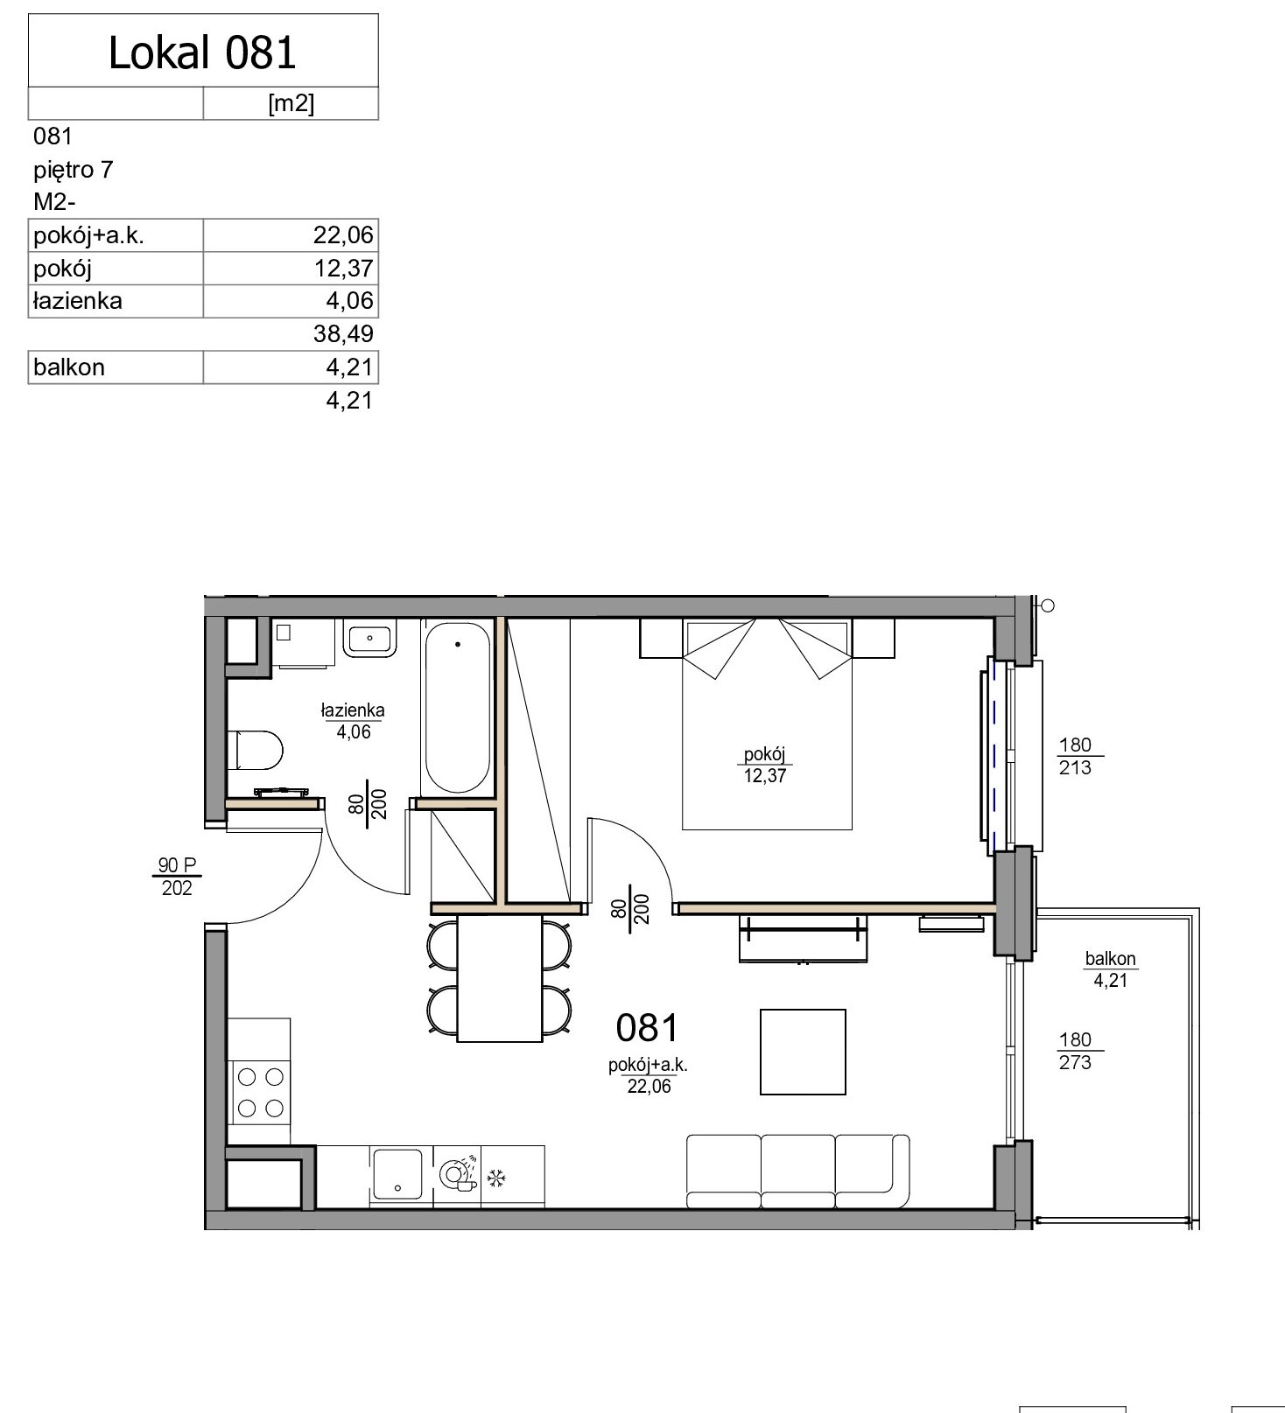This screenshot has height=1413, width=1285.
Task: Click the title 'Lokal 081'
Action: (202, 52)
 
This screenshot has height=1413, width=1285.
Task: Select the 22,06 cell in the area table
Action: (343, 234)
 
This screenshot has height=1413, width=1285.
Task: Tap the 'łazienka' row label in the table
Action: (77, 301)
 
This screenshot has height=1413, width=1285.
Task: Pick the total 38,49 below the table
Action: (343, 333)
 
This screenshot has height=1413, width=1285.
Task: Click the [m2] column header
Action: (291, 103)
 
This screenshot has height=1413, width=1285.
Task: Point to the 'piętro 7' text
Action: (74, 170)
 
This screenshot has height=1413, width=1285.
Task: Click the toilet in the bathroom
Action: (256, 751)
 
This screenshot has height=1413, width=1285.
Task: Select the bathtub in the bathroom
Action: (457, 707)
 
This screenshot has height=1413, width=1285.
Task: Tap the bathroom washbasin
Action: (369, 638)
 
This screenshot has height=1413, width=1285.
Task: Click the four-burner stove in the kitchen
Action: (260, 1092)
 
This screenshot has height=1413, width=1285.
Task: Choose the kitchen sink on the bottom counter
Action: (397, 1174)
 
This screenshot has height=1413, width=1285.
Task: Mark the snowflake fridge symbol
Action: (496, 1179)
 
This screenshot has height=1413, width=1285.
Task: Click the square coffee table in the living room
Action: (803, 1052)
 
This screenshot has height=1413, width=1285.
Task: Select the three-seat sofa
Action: (797, 1172)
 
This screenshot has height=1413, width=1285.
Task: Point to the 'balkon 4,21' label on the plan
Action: (1110, 969)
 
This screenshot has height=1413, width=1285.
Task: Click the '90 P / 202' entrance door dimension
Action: (177, 876)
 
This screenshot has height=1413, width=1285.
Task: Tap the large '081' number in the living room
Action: (647, 1028)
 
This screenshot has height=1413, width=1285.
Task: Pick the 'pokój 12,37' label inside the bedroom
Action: (765, 765)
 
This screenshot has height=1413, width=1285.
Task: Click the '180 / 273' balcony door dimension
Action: (1075, 1051)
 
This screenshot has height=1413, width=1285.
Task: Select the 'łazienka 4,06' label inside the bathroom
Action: (353, 721)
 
